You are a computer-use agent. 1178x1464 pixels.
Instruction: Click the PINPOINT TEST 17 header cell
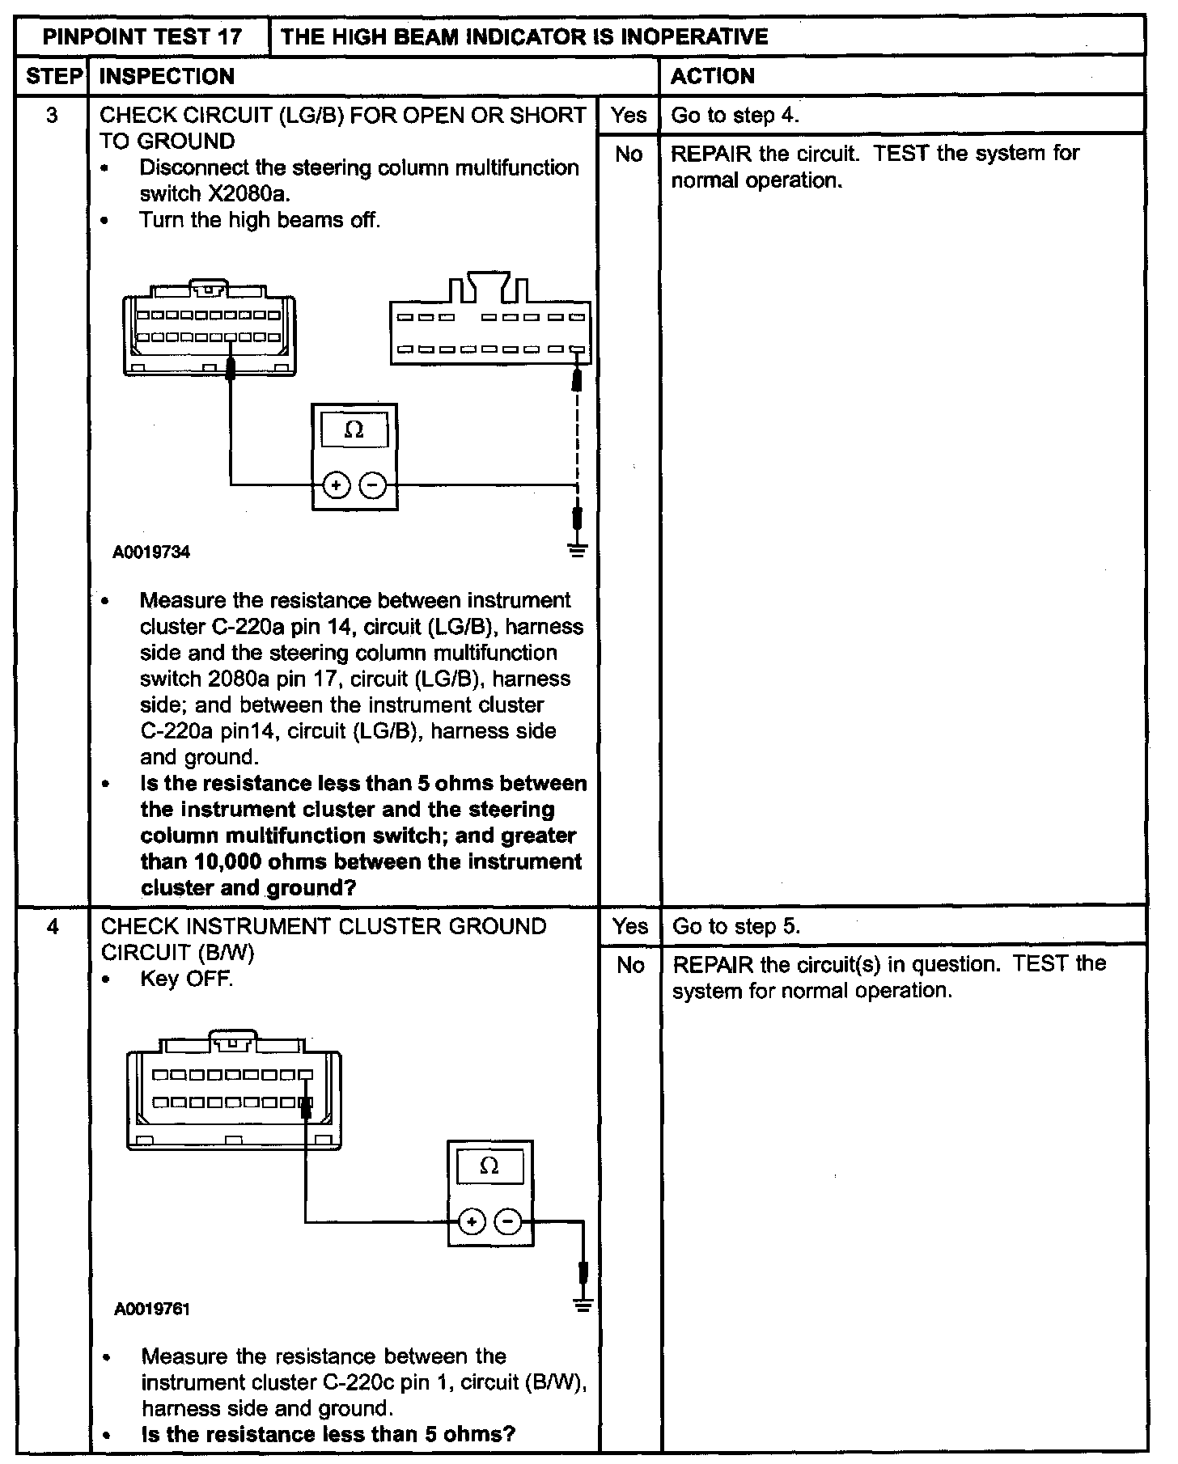click(142, 36)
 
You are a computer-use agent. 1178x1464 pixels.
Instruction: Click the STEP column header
click(53, 77)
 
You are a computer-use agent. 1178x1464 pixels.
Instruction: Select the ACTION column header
click(713, 77)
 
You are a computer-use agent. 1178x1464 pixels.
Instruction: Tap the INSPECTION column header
click(167, 77)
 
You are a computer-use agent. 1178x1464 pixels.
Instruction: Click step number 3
click(53, 116)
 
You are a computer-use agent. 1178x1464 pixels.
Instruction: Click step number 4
click(53, 926)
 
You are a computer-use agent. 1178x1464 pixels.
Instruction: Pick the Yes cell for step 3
click(629, 116)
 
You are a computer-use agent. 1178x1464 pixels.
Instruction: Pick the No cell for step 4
click(629, 965)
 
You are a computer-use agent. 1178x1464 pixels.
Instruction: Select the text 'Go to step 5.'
click(736, 926)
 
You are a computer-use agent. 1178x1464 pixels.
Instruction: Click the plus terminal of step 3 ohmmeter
click(336, 485)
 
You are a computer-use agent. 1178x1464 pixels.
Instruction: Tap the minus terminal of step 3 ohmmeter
click(373, 485)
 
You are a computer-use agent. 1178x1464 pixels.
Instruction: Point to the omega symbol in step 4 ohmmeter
click(489, 1166)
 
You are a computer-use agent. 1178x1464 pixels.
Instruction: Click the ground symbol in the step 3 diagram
click(577, 551)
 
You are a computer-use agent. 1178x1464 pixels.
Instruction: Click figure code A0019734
click(151, 552)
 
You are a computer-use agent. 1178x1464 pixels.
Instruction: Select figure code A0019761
click(153, 1309)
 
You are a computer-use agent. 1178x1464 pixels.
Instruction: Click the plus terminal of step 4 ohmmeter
click(472, 1221)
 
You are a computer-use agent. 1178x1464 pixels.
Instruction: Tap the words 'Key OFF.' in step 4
click(186, 979)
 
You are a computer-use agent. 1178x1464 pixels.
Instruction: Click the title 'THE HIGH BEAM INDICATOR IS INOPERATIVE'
click(524, 36)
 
